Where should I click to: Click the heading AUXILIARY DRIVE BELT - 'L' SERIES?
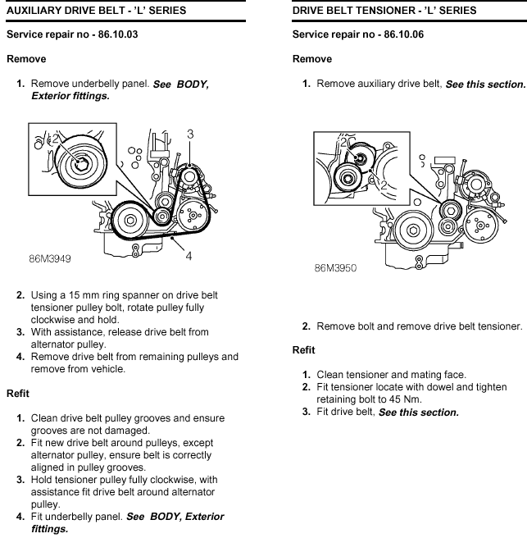97,11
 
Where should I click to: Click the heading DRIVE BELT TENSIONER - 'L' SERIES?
384,11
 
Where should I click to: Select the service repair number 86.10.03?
118,34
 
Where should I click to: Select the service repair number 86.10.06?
403,34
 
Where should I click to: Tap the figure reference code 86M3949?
50,258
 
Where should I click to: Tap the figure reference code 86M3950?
336,267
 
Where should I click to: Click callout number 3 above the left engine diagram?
190,134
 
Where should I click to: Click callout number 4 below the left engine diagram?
189,256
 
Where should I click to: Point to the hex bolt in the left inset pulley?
81,165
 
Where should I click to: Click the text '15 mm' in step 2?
81,295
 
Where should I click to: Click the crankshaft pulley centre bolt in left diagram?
130,220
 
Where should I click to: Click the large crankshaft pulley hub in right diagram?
414,230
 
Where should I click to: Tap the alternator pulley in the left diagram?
189,177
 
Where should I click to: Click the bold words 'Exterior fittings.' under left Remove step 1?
70,96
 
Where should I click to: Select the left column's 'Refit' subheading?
18,393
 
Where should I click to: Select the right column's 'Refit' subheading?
303,350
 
